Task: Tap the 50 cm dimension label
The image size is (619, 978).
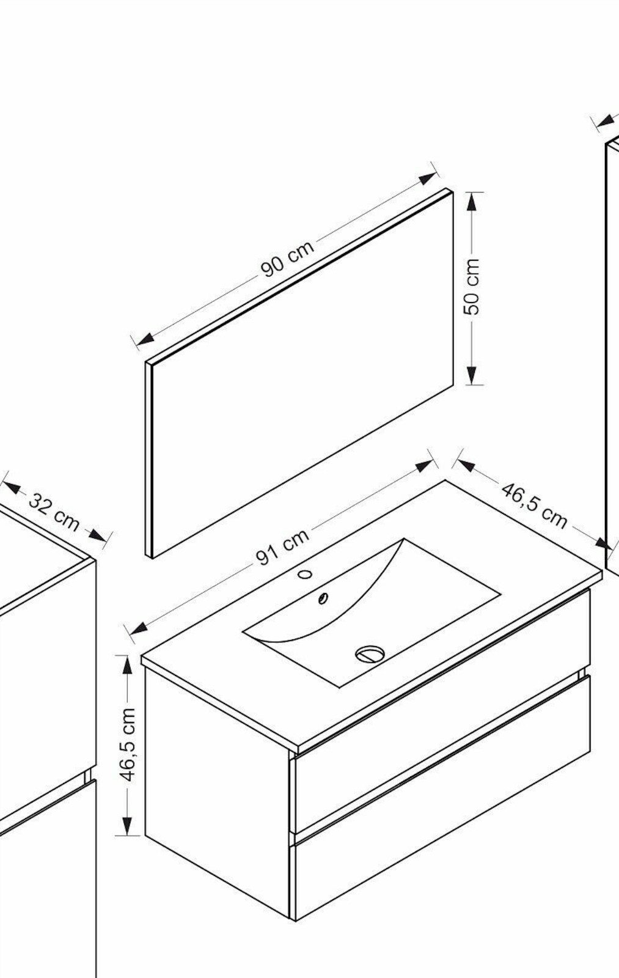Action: point(472,287)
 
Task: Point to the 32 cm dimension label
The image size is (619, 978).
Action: point(54,513)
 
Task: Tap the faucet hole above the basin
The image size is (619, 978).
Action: point(305,574)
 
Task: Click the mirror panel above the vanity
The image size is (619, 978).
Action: point(299,374)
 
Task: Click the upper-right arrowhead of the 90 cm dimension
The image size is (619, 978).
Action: point(427,178)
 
